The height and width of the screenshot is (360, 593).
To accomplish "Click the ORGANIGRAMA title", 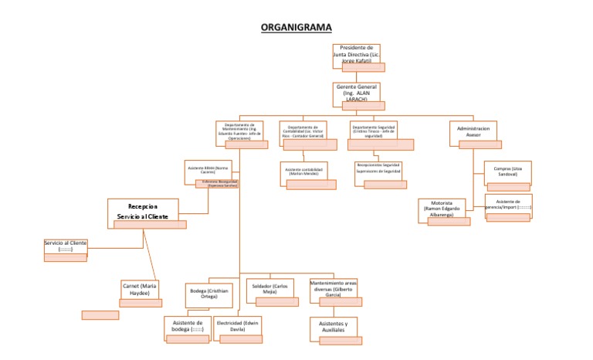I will tap(296, 27).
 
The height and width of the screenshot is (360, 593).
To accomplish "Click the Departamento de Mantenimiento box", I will tap(239, 131).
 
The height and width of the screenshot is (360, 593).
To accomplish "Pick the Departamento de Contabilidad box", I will tap(303, 131).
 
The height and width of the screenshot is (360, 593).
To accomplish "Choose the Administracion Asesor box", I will tap(473, 131).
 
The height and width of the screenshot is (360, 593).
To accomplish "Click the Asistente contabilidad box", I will tap(303, 171).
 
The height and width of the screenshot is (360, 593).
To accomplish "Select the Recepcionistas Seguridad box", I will tap(378, 169).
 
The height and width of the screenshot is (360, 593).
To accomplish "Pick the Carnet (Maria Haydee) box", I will tap(140, 290).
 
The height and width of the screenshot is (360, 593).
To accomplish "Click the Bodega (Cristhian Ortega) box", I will tap(209, 294).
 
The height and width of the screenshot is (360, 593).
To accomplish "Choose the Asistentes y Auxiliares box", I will tap(334, 327).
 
